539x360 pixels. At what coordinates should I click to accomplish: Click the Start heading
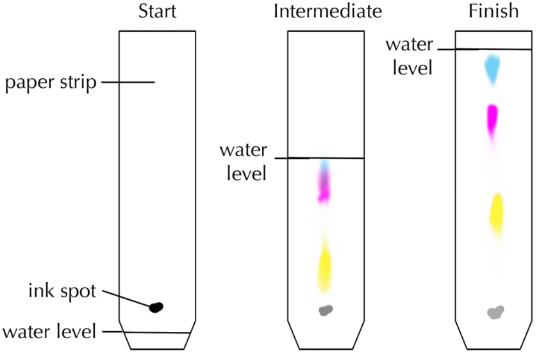[157, 12]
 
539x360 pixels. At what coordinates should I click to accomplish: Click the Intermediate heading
[328, 12]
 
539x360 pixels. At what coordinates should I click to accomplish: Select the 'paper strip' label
[51, 83]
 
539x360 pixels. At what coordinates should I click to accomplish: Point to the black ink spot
[156, 307]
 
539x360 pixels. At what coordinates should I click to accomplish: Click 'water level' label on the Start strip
[49, 332]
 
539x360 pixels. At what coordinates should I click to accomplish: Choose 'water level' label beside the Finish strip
[409, 56]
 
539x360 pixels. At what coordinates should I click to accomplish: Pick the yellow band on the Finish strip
[496, 213]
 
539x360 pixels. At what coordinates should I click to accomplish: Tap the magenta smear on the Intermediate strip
[324, 186]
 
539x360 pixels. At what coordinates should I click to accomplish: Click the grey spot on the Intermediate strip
[326, 311]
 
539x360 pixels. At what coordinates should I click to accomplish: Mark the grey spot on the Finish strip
[495, 313]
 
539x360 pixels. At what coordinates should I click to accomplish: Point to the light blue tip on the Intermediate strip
[325, 166]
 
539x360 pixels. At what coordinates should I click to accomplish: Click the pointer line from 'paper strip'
[128, 82]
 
